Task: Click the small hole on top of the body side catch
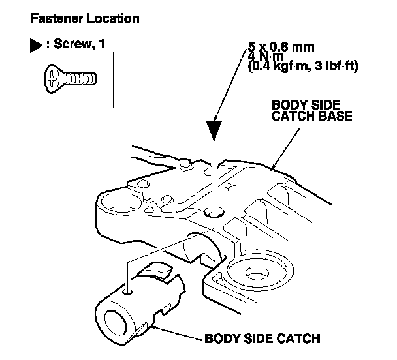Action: (131, 291)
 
